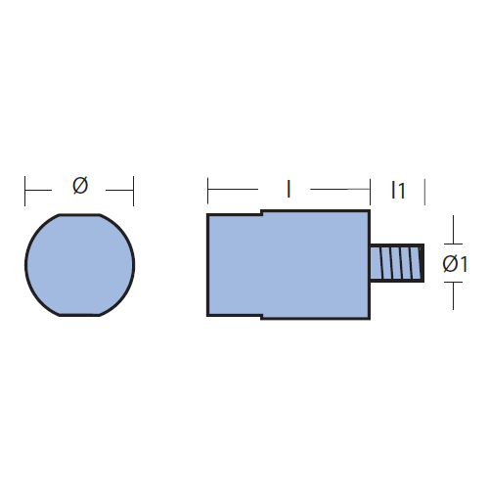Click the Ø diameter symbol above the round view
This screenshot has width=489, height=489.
(x=80, y=186)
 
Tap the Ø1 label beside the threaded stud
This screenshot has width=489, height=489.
(x=455, y=264)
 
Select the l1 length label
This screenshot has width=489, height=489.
(x=398, y=191)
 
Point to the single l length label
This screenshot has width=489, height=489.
(x=289, y=190)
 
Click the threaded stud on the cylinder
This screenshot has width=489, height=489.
(x=397, y=263)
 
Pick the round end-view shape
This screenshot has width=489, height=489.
(x=80, y=265)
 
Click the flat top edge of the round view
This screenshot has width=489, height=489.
(x=79, y=214)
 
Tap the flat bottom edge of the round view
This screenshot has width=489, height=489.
(x=79, y=315)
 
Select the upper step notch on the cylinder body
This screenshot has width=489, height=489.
(x=261, y=212)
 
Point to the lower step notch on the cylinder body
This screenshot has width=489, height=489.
(x=261, y=317)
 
